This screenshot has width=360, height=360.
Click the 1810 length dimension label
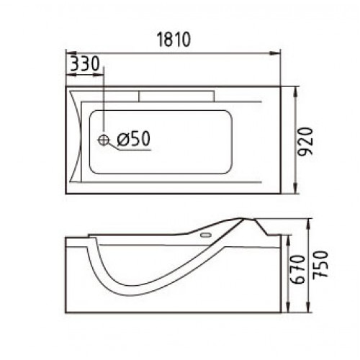pos(174,40)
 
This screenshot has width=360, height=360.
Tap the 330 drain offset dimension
pos(85,63)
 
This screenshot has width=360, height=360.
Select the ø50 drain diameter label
pos(134,139)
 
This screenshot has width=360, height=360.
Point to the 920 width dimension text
pos(305,142)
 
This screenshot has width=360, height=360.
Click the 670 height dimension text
pos(297,269)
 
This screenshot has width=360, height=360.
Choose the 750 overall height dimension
pos(320,264)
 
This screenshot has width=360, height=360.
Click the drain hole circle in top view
pos(104,140)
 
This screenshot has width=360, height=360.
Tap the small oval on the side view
pos(206,235)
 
